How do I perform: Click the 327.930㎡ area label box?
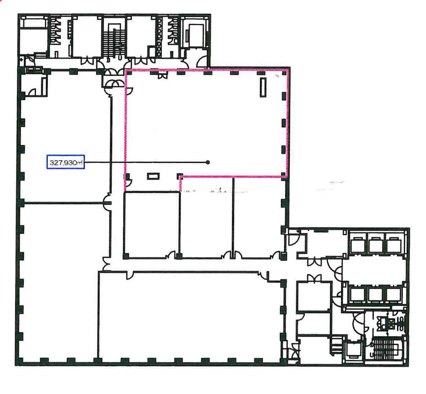coord(66,162)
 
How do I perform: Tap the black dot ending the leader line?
coord(207,162)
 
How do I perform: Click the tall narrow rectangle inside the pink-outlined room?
coord(263,88)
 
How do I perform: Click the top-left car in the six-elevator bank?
coord(358,245)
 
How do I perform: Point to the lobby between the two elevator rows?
coord(374,270)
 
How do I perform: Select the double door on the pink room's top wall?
coord(162,76)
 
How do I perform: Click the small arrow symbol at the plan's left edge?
coord(21,60)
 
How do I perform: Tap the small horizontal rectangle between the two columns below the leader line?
coord(153,176)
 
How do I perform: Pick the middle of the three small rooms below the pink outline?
coord(206,218)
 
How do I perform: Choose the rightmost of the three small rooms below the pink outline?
coord(259,218)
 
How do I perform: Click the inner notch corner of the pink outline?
coord(181,177)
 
